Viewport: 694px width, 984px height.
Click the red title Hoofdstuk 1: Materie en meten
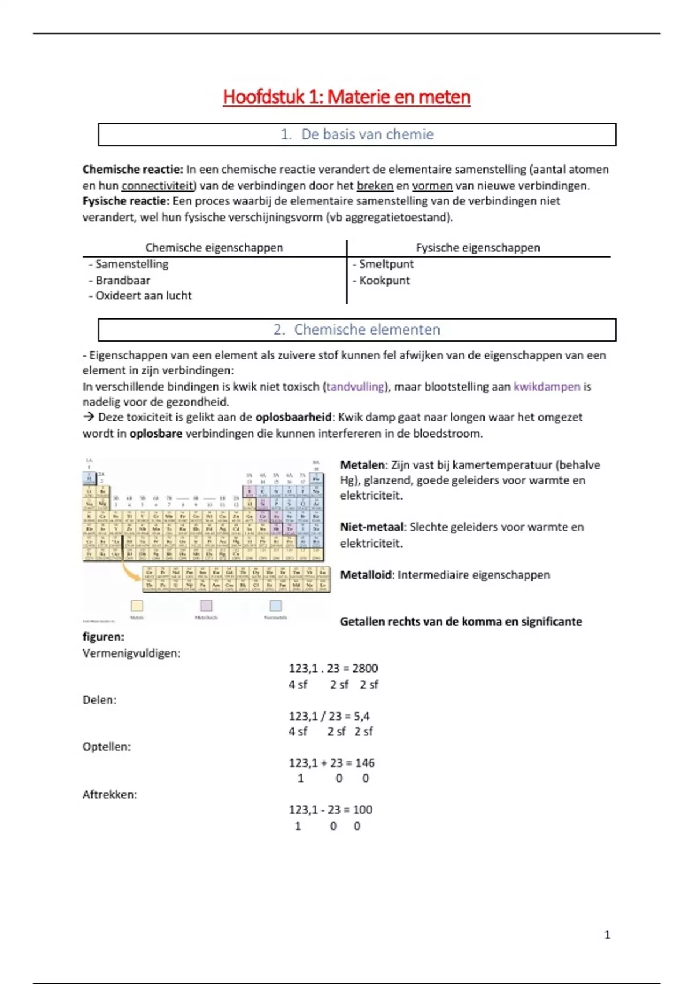point(346,97)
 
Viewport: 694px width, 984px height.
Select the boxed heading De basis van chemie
point(357,134)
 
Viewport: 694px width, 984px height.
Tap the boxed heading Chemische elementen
point(357,329)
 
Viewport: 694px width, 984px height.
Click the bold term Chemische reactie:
point(132,170)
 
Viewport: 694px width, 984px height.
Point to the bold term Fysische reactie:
point(126,201)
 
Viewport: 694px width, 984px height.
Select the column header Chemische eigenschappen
point(214,248)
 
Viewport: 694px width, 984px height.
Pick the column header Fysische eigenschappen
point(478,248)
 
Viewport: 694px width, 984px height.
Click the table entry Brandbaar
point(123,280)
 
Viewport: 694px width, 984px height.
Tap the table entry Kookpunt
point(385,280)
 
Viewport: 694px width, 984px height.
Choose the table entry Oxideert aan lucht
point(143,296)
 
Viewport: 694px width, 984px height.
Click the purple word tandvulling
point(355,387)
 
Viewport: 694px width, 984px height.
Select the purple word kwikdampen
point(547,387)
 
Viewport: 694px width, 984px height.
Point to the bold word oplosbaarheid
point(294,417)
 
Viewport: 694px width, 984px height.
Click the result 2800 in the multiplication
point(365,669)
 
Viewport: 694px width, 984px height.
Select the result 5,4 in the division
point(361,716)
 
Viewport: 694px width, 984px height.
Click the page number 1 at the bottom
point(607,935)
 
